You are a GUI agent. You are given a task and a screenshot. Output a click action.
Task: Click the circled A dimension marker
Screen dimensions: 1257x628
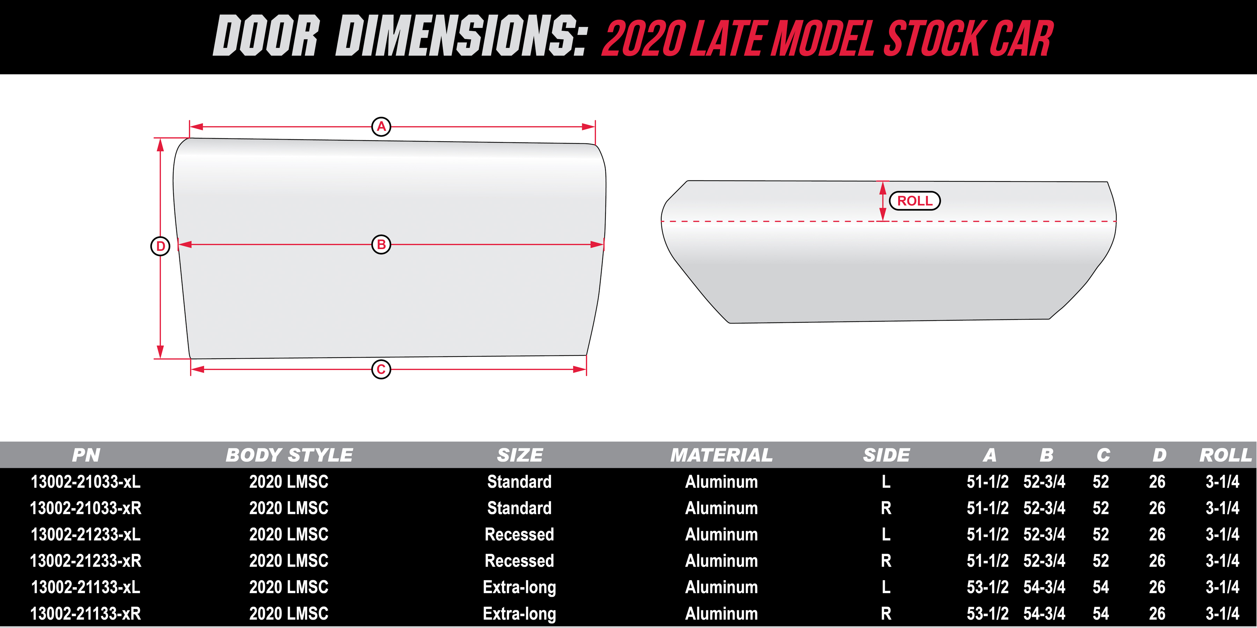click(381, 127)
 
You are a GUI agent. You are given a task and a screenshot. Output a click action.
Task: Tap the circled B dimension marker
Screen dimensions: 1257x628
click(381, 244)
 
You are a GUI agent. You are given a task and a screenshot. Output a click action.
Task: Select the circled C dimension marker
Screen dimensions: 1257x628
click(381, 369)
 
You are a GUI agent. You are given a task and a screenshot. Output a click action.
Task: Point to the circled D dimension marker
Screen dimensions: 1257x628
click(160, 246)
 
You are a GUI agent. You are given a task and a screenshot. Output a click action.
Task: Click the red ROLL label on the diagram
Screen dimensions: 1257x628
click(914, 201)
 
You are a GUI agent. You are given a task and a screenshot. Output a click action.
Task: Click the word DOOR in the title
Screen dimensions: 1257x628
click(266, 36)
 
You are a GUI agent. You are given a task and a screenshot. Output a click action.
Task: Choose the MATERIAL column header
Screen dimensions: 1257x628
click(721, 455)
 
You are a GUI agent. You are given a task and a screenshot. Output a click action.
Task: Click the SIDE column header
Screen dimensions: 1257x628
click(886, 455)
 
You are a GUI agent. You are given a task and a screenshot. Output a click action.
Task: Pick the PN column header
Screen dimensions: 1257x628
click(86, 455)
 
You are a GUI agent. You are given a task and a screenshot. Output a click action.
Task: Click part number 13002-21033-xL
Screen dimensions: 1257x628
click(86, 482)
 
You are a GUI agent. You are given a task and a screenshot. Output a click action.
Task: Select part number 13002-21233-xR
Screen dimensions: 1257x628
click(86, 561)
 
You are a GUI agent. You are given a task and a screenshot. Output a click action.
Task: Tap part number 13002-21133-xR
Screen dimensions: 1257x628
click(86, 613)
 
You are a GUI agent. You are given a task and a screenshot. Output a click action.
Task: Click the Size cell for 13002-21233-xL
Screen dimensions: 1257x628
click(519, 534)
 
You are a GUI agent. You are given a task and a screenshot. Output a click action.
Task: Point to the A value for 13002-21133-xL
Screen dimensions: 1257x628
click(988, 587)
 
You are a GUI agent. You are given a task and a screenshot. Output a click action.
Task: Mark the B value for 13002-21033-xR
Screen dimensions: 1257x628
click(1044, 508)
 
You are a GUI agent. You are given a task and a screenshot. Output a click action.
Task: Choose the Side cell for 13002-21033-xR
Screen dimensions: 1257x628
click(886, 508)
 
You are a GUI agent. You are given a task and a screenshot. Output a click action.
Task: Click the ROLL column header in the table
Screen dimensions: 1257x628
click(1225, 455)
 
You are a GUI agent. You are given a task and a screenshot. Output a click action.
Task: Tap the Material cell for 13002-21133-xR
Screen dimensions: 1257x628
click(721, 613)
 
